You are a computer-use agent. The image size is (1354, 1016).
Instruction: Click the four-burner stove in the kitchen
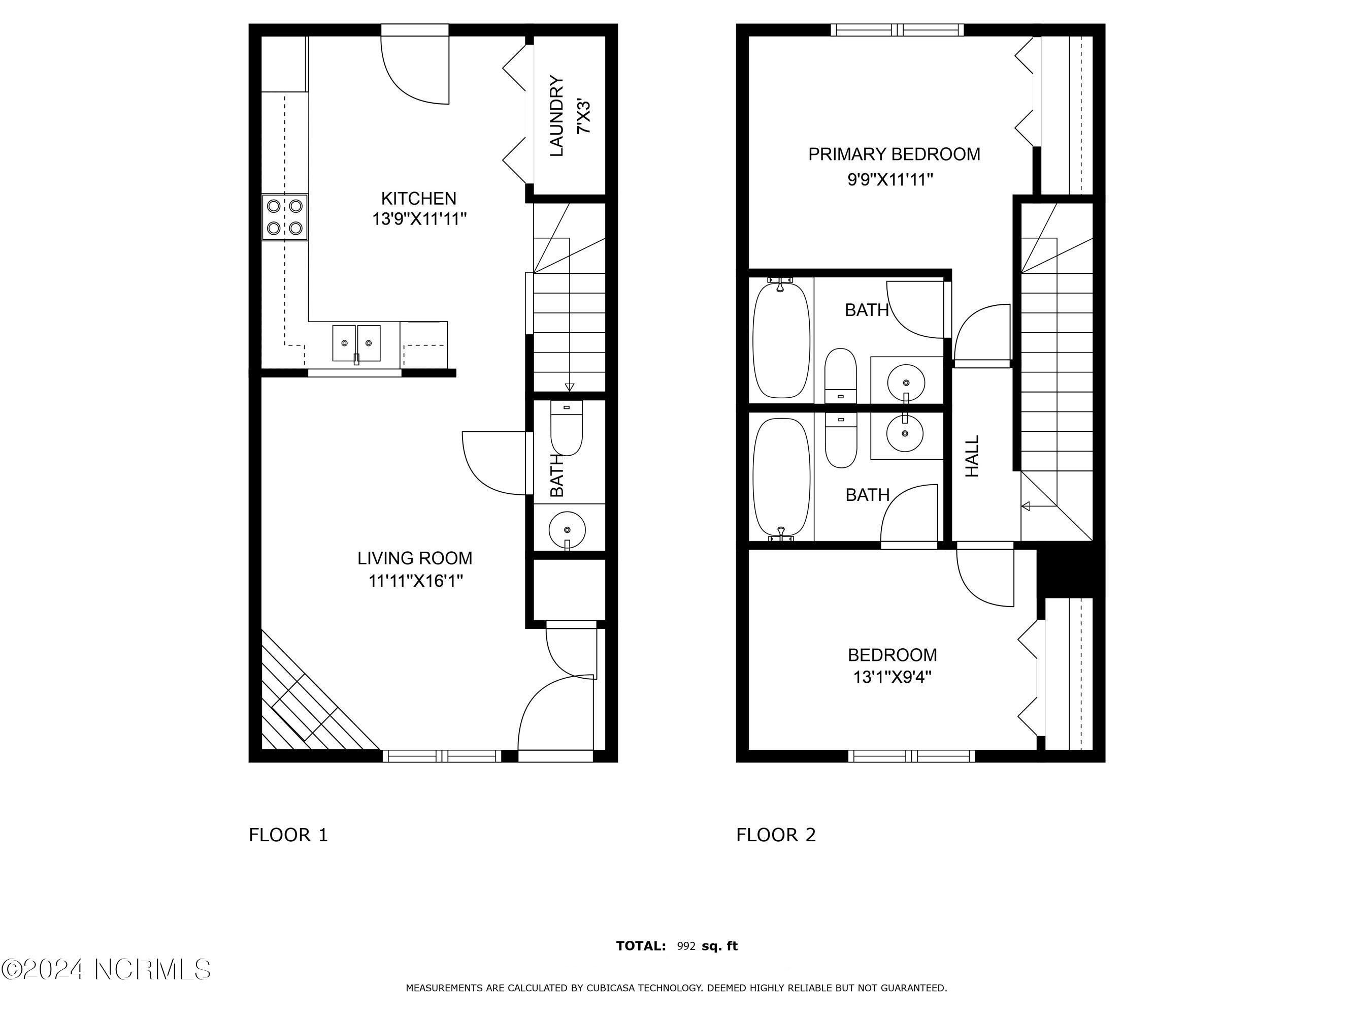tap(285, 217)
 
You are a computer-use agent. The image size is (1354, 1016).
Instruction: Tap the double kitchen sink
tap(356, 343)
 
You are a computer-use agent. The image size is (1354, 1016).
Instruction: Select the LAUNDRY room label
tap(556, 116)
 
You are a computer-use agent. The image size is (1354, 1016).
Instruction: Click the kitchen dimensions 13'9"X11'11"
tap(419, 218)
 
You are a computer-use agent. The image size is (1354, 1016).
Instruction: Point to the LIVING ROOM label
tap(415, 558)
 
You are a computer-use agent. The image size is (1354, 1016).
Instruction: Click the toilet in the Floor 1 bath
tap(567, 428)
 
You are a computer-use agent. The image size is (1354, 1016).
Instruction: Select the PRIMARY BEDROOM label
tap(894, 154)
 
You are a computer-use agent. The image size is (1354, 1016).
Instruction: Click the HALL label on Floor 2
tap(972, 456)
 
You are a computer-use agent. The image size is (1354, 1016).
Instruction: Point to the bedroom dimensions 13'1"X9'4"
tap(893, 677)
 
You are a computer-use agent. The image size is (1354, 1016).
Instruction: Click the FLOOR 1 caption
tap(288, 835)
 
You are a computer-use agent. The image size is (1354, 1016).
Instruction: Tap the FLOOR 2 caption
tap(776, 835)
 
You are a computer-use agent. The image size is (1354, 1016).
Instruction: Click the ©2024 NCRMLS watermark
tap(106, 969)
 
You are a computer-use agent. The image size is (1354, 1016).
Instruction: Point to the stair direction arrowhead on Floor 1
tap(569, 387)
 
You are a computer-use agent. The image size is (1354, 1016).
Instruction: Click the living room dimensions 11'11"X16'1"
tap(416, 581)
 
